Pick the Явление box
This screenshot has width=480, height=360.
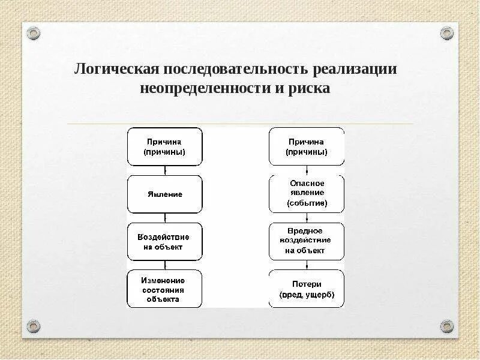pyautogui.click(x=165, y=194)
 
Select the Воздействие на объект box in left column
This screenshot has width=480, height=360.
pyautogui.click(x=165, y=242)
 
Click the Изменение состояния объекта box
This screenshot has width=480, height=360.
pyautogui.click(x=165, y=289)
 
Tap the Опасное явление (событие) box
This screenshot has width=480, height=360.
pyautogui.click(x=307, y=194)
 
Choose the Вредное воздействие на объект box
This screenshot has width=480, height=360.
pyautogui.click(x=307, y=241)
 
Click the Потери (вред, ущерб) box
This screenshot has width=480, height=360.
pyautogui.click(x=307, y=289)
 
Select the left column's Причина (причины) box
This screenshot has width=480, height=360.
pyautogui.click(x=165, y=147)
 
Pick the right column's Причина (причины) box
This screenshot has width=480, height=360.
pyautogui.click(x=307, y=147)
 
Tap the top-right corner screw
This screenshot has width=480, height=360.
pyautogui.click(x=447, y=32)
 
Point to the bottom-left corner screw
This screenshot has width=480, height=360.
pyautogui.click(x=34, y=326)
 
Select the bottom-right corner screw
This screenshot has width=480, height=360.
pyautogui.click(x=447, y=326)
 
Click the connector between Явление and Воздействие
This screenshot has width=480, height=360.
pyautogui.click(x=165, y=218)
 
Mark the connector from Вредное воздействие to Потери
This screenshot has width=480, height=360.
pyautogui.click(x=307, y=265)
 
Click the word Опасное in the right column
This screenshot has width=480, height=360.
pyautogui.click(x=307, y=183)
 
